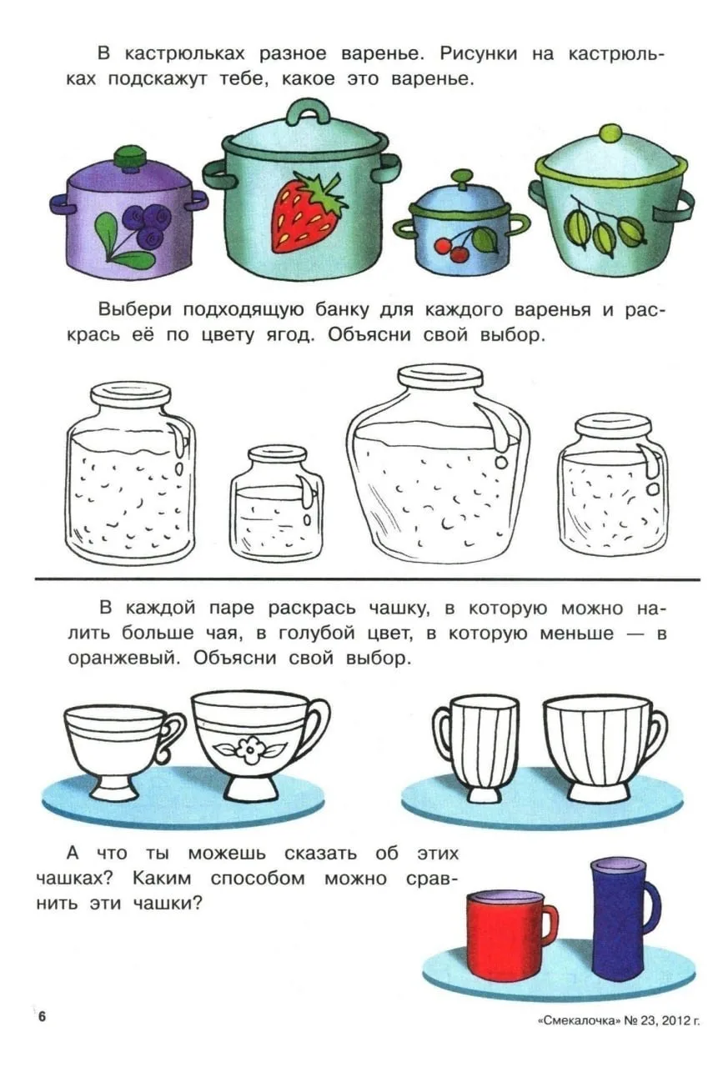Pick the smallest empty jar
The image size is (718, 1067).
coord(276,503)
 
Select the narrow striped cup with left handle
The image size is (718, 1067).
coord(475,749)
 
